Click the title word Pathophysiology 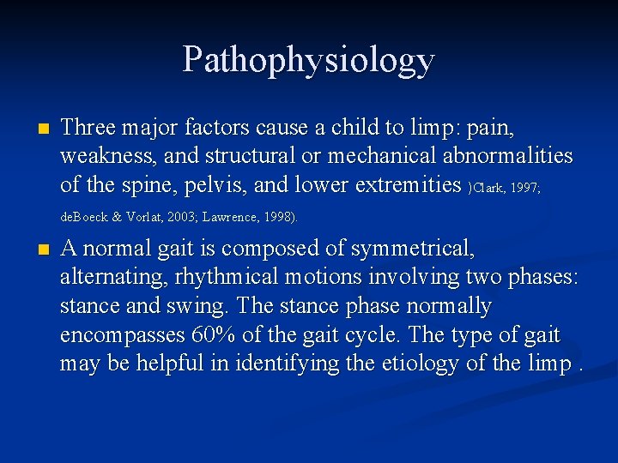(x=308, y=60)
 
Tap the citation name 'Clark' (x=489, y=188)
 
